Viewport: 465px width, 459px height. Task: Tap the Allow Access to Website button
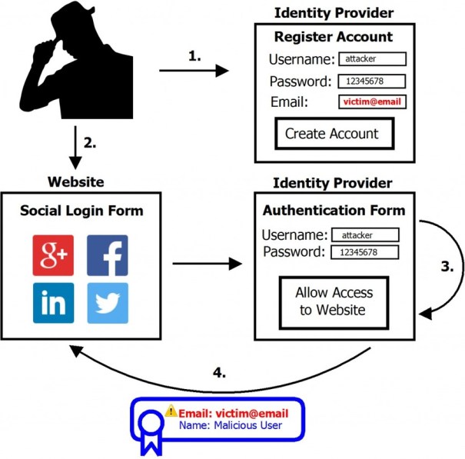pyautogui.click(x=334, y=301)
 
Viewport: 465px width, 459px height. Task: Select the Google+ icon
pyautogui.click(x=53, y=255)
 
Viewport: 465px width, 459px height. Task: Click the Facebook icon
pyautogui.click(x=108, y=255)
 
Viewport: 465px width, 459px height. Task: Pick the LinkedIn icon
pyautogui.click(x=53, y=303)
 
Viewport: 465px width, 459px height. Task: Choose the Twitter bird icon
pyautogui.click(x=108, y=303)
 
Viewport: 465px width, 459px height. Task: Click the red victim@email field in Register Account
pyautogui.click(x=370, y=101)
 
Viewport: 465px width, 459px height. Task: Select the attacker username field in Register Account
pyautogui.click(x=370, y=58)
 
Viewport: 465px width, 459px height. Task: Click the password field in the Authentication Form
pyautogui.click(x=364, y=252)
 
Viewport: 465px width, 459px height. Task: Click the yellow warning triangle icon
pyautogui.click(x=171, y=411)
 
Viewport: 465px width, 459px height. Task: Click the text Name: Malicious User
pyautogui.click(x=231, y=424)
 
